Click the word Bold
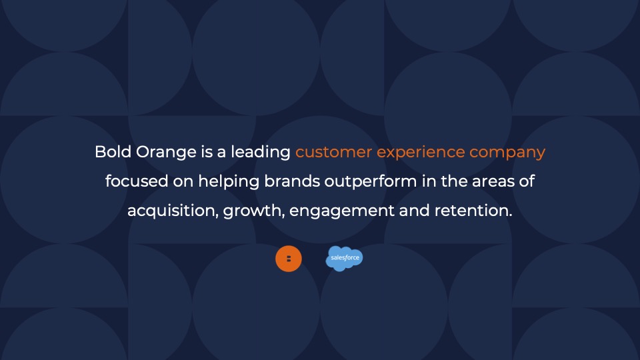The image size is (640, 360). tap(113, 152)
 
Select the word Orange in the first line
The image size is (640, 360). tap(166, 153)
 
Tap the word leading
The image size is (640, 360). tap(261, 153)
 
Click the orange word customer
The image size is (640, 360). tap(333, 152)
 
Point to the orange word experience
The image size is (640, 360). tap(421, 153)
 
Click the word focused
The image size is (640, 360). tap(136, 181)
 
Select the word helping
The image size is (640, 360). tap(229, 182)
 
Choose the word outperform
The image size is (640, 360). tap(370, 182)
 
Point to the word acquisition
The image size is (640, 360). tap(173, 211)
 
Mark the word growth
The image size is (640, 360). tap(253, 211)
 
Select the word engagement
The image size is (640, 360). tap(341, 211)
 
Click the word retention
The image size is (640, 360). tap(473, 210)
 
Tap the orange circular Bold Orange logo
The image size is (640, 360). tap(289, 259)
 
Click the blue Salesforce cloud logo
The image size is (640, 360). tap(344, 259)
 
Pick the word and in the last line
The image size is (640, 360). tap(414, 210)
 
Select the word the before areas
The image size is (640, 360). tap(454, 181)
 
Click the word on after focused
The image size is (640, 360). tap(183, 182)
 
